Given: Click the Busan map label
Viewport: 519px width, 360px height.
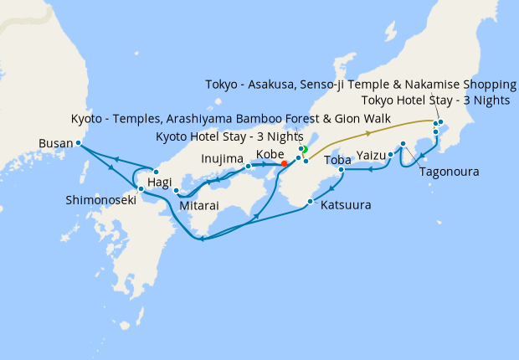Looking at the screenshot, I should click(56, 143).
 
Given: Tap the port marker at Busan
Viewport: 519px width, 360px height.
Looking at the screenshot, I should click(78, 143).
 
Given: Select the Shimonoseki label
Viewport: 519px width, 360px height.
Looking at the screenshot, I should click(100, 200).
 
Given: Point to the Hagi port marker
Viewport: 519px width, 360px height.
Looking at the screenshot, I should click(157, 172).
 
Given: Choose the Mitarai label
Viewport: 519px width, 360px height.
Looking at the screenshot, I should click(199, 203).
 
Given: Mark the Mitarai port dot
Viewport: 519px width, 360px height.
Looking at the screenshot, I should click(177, 191).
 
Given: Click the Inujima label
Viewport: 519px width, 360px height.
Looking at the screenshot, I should click(222, 158).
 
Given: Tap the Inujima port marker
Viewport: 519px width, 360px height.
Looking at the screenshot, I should click(249, 166).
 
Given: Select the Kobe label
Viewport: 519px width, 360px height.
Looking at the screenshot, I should click(270, 154).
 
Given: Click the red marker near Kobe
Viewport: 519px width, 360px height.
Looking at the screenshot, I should click(285, 163).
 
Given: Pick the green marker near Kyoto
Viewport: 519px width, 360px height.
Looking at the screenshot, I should click(305, 150).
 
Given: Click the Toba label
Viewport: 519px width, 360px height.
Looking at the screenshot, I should click(337, 159).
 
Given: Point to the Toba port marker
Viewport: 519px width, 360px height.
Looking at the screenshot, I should click(342, 170).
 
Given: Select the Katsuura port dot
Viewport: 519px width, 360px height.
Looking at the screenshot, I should click(311, 202).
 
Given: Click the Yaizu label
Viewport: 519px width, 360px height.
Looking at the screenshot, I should click(369, 155).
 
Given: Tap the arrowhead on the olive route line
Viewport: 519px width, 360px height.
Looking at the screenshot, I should click(369, 133).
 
